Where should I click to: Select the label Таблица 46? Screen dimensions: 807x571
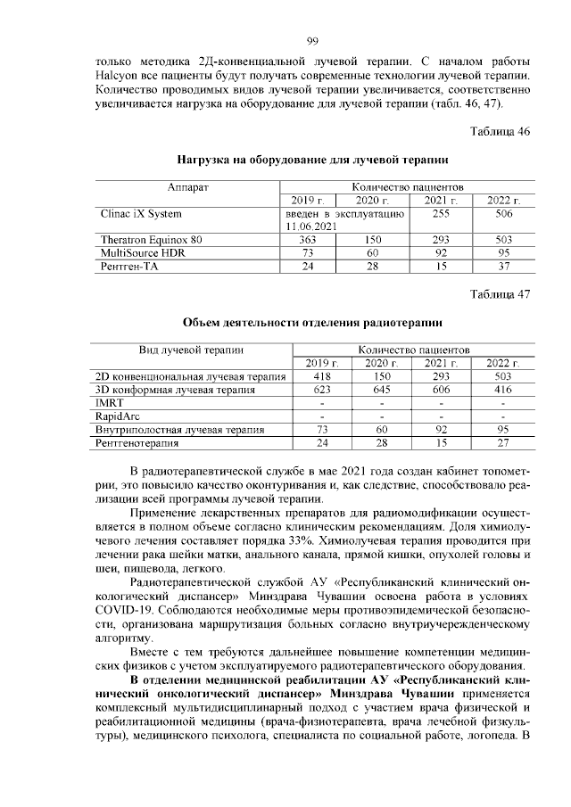tap(501, 132)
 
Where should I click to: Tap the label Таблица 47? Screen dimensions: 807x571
tap(501, 293)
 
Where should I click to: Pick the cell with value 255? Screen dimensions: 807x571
tap(440, 214)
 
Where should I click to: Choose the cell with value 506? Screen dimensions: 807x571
tap(503, 214)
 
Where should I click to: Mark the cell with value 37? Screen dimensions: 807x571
tap(503, 267)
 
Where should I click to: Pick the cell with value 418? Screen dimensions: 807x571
tap(317, 376)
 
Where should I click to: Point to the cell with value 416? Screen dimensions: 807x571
tap(502, 390)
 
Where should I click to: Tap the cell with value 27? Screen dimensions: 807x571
tap(502, 442)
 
